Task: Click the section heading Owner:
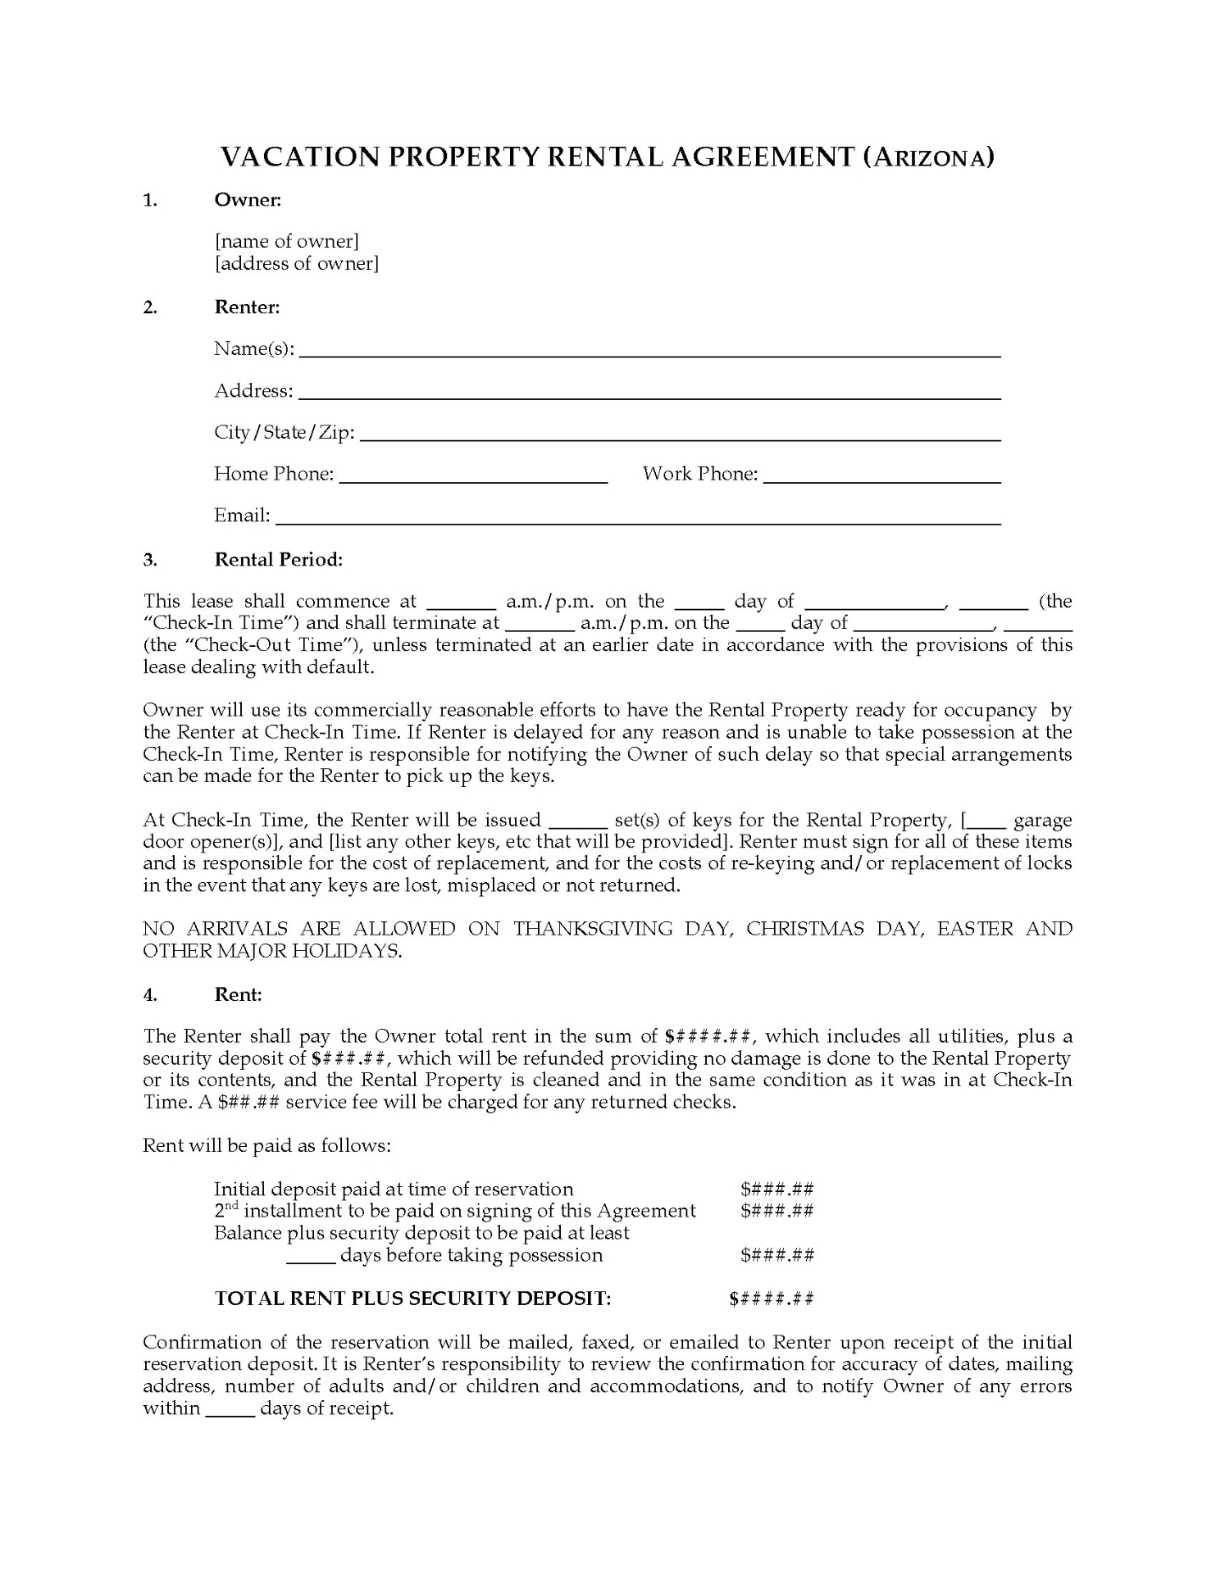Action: click(248, 199)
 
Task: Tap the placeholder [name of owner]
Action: click(287, 241)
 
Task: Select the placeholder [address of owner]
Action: click(297, 263)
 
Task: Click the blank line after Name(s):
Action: click(649, 352)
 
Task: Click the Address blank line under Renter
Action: click(649, 393)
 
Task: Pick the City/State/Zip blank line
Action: click(681, 435)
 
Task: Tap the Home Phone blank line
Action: click(473, 477)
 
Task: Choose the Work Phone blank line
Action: click(882, 477)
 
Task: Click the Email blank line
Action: click(638, 519)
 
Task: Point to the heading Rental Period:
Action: click(279, 560)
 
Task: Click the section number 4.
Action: click(150, 994)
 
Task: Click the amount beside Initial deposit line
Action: click(777, 1190)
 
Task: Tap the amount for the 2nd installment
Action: click(777, 1211)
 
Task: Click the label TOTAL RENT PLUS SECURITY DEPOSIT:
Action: click(412, 1299)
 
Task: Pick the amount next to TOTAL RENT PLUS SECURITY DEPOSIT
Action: click(772, 1299)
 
